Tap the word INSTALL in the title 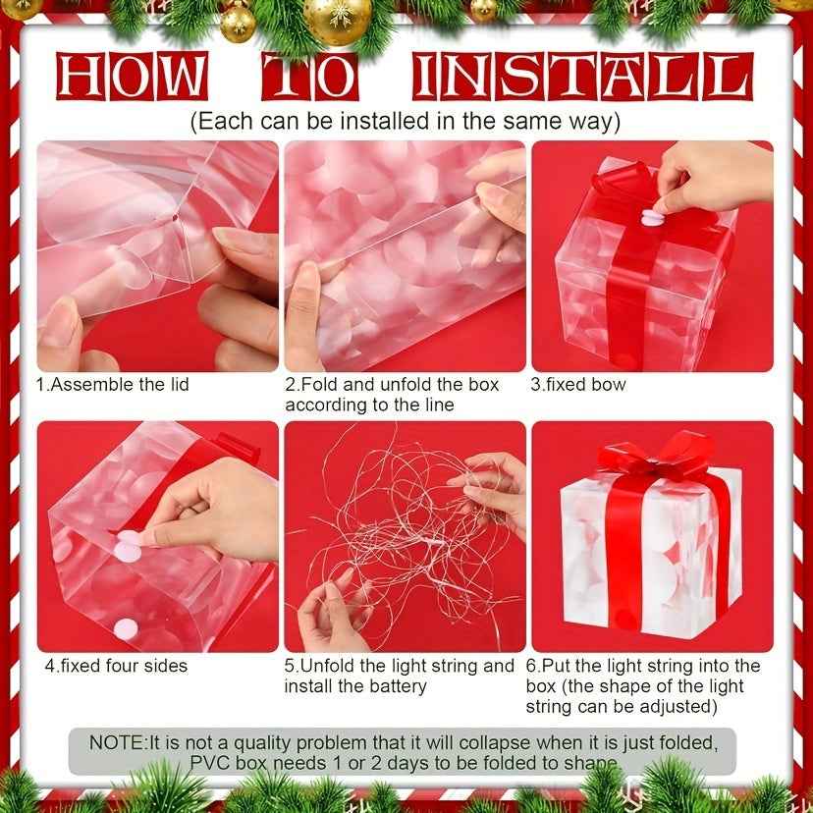pyautogui.click(x=580, y=77)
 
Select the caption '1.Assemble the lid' pyautogui.click(x=112, y=384)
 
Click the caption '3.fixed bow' pyautogui.click(x=578, y=384)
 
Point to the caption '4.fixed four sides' pyautogui.click(x=116, y=665)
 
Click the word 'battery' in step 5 pyautogui.click(x=396, y=686)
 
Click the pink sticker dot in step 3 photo pyautogui.click(x=653, y=214)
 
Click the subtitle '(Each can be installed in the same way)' pyautogui.click(x=406, y=122)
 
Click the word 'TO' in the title pyautogui.click(x=306, y=77)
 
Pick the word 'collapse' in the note pyautogui.click(x=495, y=742)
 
